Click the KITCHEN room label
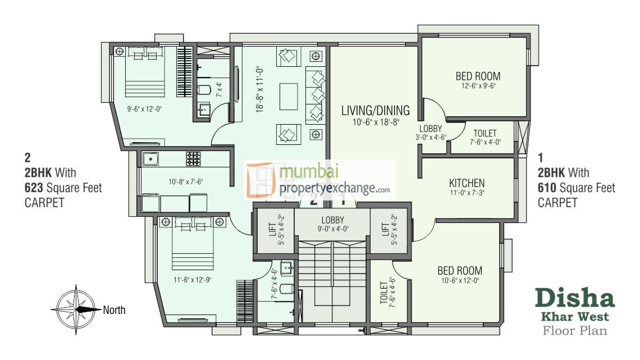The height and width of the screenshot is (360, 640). tap(467, 183)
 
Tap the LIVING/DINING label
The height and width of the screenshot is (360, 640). tap(376, 110)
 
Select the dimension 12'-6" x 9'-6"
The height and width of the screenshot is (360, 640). tap(477, 86)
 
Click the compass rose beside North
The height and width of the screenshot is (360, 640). tap(75, 309)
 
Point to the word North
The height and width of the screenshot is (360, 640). tap(114, 309)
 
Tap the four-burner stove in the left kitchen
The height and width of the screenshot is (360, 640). tap(194, 158)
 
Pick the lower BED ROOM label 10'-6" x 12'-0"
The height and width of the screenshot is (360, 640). tap(460, 271)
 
